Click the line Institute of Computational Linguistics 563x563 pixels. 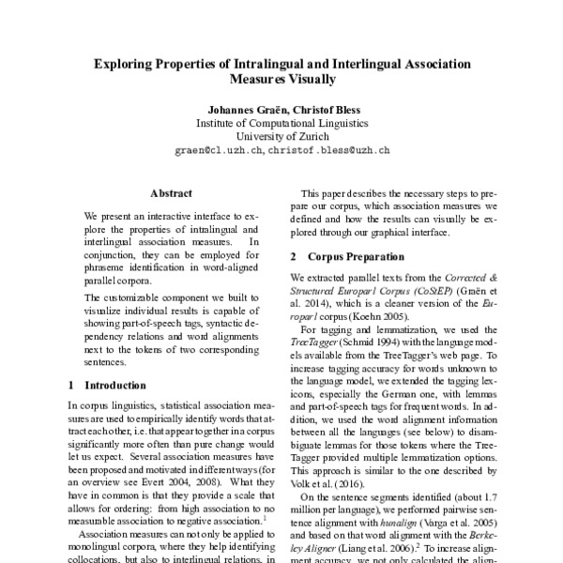click(281, 122)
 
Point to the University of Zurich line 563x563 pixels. click(281, 135)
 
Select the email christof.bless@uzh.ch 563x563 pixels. click(328, 149)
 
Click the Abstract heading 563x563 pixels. click(171, 193)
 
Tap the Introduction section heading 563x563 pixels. click(119, 385)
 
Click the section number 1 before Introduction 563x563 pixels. click(73, 385)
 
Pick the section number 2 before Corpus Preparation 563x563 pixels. click(294, 256)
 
